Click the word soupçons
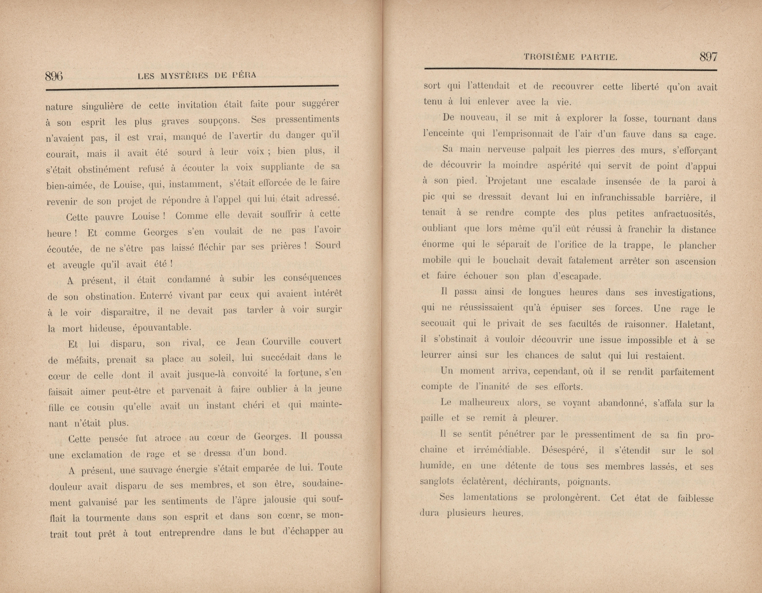coord(219,121)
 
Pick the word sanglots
coord(437,482)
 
